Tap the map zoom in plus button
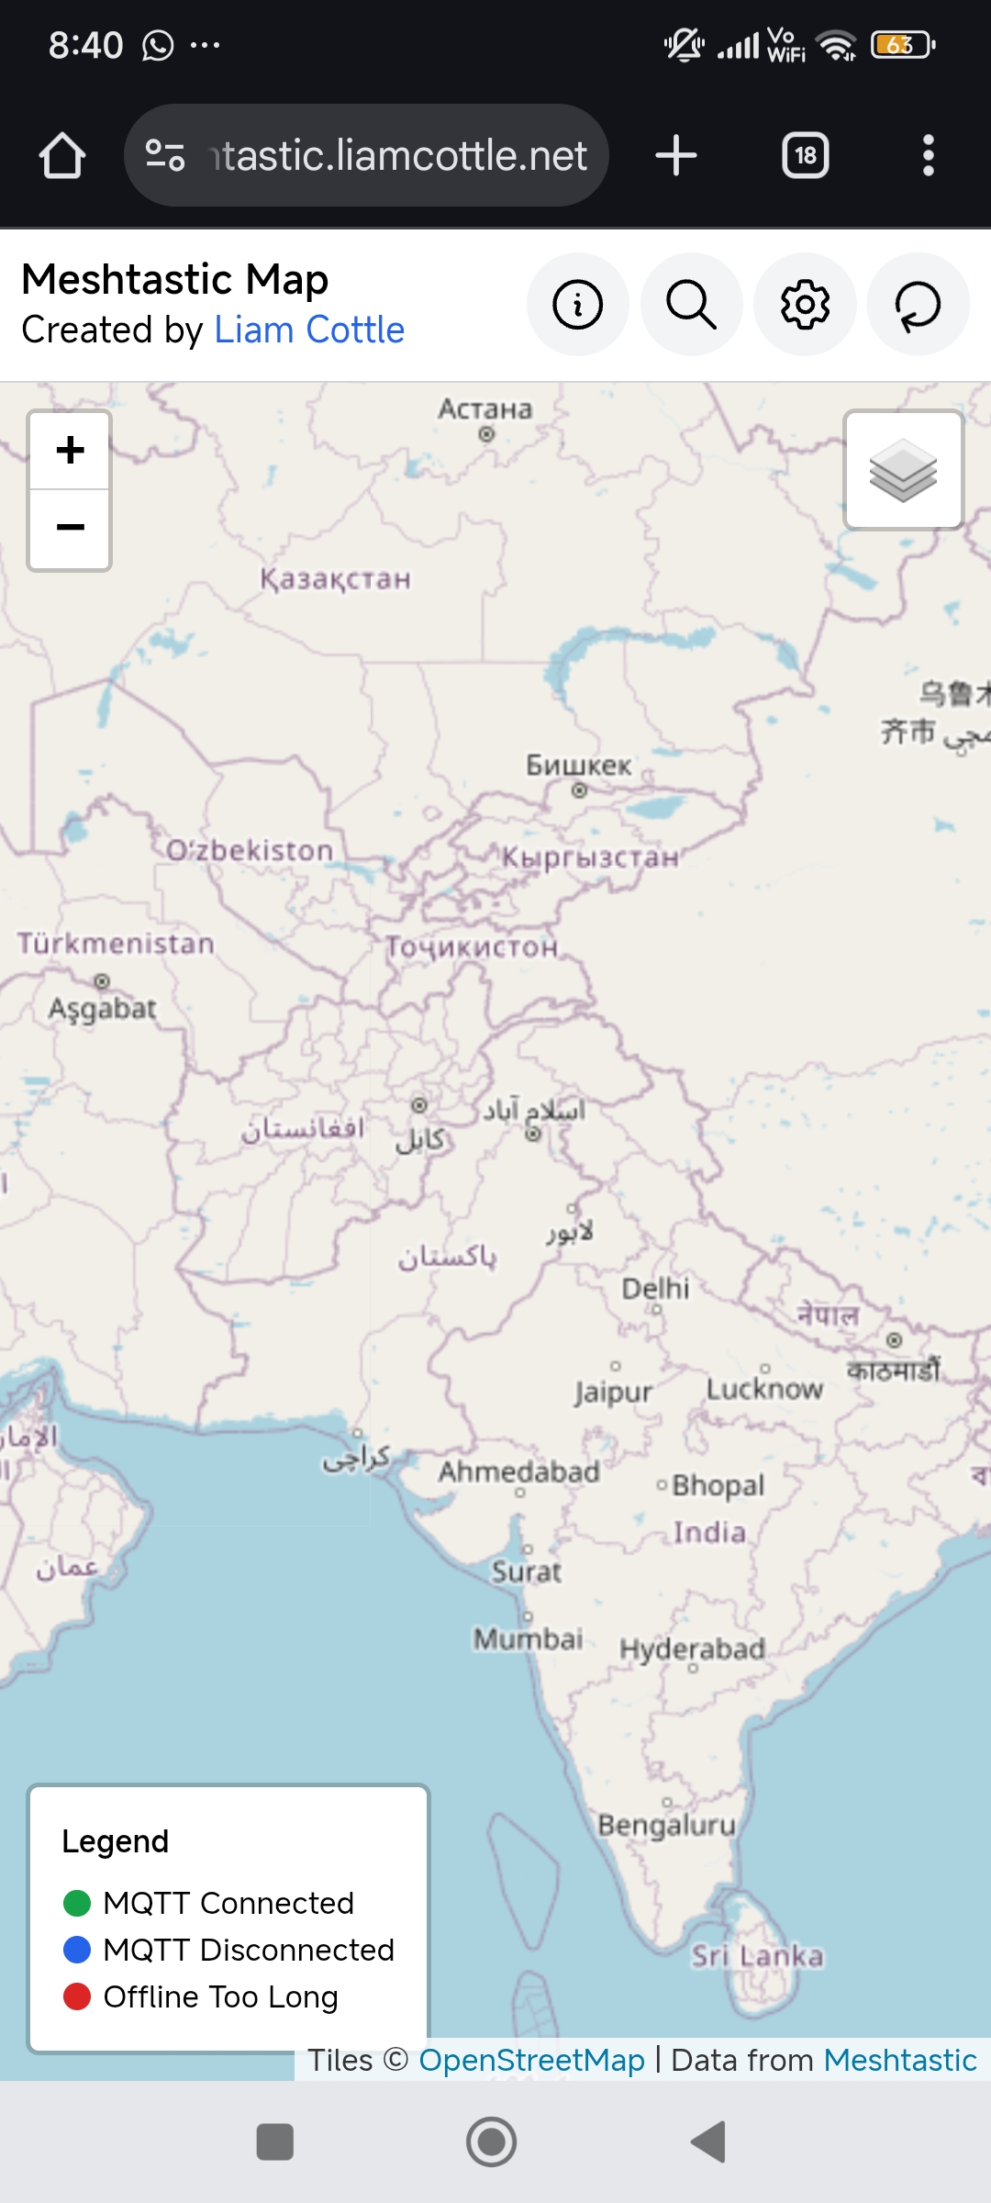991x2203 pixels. coord(70,450)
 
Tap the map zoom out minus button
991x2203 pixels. coord(70,528)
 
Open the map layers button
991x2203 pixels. coord(903,470)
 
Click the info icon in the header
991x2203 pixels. coord(578,305)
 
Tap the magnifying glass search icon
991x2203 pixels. coord(691,305)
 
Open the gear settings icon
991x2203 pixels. coord(805,305)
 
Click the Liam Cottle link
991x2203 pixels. coord(309,330)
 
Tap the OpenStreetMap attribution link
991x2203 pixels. coord(531,2060)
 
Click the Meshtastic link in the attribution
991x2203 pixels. coord(899,2060)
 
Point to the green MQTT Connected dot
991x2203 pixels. coord(77,1903)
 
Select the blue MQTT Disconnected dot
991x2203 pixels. coord(77,1949)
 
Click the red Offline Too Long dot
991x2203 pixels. coord(77,1996)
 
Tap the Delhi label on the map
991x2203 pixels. coord(655,1289)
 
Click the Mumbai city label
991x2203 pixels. coord(529,1638)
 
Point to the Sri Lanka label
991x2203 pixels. coord(757,1956)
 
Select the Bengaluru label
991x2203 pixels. coord(667,1825)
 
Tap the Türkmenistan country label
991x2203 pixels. coord(116,944)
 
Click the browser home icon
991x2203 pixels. coord(62,155)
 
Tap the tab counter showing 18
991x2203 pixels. coord(805,155)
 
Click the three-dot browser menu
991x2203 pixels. coord(929,155)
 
